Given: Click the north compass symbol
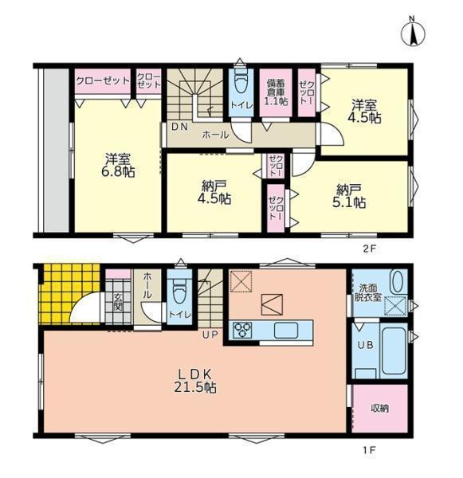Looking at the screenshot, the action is [x=413, y=32].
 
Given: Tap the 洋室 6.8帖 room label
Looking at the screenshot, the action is [x=118, y=166].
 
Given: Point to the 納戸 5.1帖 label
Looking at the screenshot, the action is [x=349, y=196].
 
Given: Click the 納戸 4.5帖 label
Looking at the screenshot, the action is [x=214, y=192].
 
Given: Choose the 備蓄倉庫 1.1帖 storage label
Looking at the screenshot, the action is [x=276, y=92].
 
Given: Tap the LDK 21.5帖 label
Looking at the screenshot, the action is [x=195, y=381].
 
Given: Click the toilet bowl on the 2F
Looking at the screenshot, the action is [x=241, y=80].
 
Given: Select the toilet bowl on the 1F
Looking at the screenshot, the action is [x=179, y=291].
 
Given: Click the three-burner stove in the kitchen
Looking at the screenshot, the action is [x=242, y=331].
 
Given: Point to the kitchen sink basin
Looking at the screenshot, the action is [x=286, y=331].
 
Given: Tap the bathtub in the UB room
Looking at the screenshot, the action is [x=394, y=351].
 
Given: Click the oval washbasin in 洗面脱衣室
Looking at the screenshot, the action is [x=398, y=282].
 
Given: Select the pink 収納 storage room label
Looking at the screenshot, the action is [x=380, y=408].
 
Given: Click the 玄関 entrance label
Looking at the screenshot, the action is [x=118, y=302].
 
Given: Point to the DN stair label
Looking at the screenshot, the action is [x=179, y=127].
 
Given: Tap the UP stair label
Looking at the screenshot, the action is [x=210, y=335].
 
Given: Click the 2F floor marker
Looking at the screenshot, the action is [x=369, y=249].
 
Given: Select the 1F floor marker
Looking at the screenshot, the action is [x=369, y=450].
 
